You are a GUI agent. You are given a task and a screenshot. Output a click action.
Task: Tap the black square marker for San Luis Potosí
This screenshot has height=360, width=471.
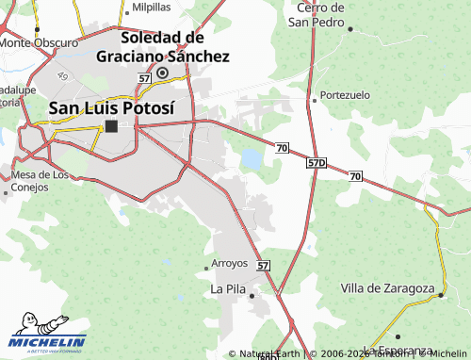(x=111, y=125)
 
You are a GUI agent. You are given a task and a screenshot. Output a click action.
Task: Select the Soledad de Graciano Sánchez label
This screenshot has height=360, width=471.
(x=163, y=46)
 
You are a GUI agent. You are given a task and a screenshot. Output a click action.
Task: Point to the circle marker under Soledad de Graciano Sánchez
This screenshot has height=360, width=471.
(x=162, y=73)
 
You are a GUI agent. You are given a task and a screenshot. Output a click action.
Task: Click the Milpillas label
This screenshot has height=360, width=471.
(x=153, y=6)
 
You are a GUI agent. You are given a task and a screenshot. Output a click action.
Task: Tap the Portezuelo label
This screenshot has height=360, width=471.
(x=345, y=96)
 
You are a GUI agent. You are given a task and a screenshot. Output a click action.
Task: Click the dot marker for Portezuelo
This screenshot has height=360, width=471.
(x=315, y=97)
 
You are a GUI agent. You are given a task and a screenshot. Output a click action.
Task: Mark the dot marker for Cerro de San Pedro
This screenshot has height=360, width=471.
(x=349, y=29)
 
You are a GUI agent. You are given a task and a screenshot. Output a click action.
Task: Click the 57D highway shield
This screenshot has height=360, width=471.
(x=317, y=163)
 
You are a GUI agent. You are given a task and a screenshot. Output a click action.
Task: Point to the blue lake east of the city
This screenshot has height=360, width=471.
(x=252, y=159)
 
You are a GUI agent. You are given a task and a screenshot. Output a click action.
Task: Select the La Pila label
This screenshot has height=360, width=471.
(x=228, y=288)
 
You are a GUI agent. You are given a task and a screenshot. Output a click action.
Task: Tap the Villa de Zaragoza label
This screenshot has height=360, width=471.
(x=387, y=287)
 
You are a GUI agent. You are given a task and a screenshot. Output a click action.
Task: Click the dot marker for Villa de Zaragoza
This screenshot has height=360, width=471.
(x=440, y=295)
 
